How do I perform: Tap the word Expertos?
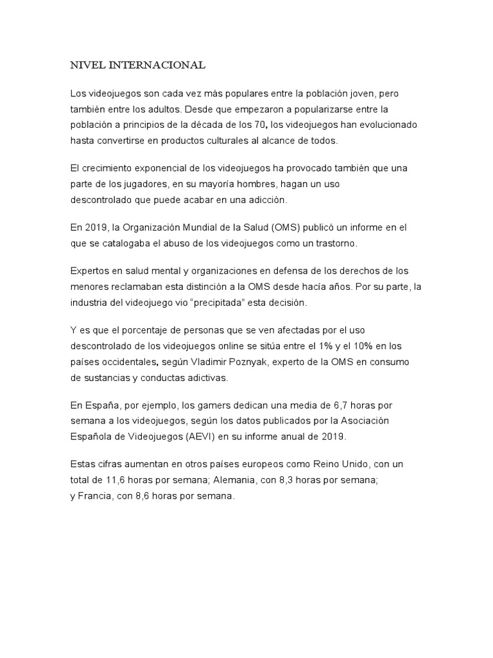(x=89, y=271)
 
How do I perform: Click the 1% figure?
(x=329, y=347)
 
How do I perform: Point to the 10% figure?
(x=372, y=347)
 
